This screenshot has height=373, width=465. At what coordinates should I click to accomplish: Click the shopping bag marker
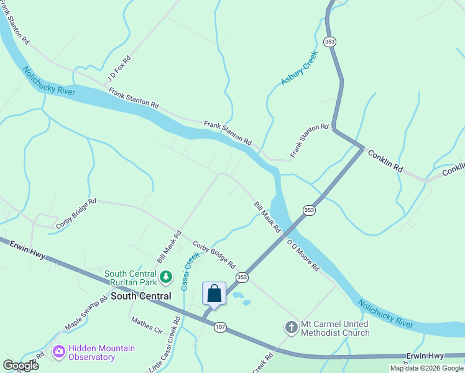click(214, 294)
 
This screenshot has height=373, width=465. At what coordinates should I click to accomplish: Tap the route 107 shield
click(220, 326)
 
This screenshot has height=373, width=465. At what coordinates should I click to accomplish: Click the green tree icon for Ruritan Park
click(166, 276)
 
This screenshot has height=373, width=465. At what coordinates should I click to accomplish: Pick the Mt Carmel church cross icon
click(292, 327)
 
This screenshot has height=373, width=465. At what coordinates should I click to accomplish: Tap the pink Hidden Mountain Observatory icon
click(58, 352)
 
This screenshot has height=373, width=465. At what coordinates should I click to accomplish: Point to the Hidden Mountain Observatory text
click(102, 352)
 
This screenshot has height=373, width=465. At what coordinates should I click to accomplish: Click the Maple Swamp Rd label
click(81, 317)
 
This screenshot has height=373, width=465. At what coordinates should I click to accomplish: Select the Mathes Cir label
click(146, 325)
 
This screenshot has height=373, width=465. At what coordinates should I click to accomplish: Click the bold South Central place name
click(140, 297)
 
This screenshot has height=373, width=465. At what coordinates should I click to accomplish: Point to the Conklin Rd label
click(385, 161)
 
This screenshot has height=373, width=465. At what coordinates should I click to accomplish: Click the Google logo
click(21, 365)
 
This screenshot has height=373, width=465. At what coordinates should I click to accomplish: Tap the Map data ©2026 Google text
click(426, 368)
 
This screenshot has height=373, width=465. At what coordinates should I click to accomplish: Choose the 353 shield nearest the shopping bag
click(242, 277)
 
